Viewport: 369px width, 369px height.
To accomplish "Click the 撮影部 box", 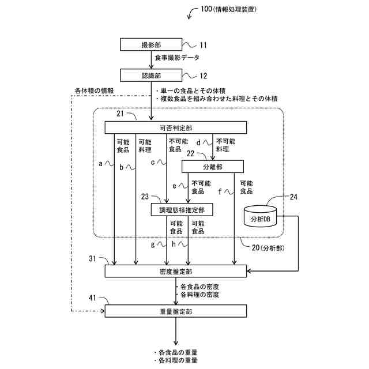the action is coord(151,44).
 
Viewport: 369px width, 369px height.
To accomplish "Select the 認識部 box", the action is coord(151,76).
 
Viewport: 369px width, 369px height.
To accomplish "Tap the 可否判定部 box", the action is coord(176,128).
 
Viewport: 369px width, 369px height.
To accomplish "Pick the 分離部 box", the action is coord(213,167).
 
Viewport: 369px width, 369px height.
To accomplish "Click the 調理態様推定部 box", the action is coord(182,210).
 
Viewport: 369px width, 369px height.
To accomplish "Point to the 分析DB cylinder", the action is coord(260,216).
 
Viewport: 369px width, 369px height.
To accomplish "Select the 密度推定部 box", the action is coord(176,272).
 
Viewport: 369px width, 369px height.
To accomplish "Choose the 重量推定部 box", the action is coord(176,311).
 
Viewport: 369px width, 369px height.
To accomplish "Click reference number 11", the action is coord(204,45).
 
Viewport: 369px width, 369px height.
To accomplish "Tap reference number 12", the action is coord(204,76).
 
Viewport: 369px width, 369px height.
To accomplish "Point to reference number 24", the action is coord(293,197).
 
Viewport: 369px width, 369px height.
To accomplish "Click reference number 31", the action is coord(92,259).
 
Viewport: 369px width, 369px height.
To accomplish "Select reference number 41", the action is coord(92,298).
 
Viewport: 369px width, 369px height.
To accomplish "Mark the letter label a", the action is coord(101,164).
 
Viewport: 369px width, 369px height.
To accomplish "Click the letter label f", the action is coord(220,191).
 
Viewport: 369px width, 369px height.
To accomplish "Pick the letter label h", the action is coord(174,244).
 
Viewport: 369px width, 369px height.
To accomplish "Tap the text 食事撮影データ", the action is coord(177,58).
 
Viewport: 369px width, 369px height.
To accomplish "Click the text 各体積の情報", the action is coord(94,91).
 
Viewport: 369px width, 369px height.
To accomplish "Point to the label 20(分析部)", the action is coord(268,248).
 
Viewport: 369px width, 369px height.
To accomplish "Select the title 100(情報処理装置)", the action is coord(228,9).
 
